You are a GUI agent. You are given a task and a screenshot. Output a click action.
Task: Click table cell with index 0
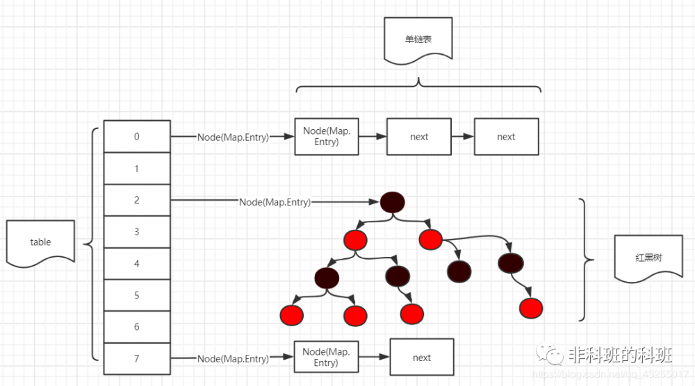click(x=137, y=137)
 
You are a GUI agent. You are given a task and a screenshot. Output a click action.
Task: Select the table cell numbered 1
click(x=137, y=169)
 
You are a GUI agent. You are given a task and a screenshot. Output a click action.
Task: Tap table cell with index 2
click(x=137, y=201)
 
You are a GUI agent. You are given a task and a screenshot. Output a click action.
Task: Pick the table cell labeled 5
click(x=137, y=296)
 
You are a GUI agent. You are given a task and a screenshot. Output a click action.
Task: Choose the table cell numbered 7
click(x=137, y=359)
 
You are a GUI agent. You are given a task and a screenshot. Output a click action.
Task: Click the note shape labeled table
click(x=40, y=242)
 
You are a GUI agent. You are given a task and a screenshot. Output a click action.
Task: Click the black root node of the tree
click(x=393, y=202)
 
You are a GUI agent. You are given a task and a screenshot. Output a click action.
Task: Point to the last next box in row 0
click(x=506, y=137)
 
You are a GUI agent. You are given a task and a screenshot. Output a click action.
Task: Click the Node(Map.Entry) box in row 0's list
click(x=326, y=137)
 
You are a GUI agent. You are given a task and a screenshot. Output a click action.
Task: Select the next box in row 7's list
click(x=422, y=358)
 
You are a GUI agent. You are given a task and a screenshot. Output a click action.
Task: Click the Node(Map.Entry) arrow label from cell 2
click(x=275, y=202)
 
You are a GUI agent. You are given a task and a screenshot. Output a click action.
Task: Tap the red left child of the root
click(x=354, y=240)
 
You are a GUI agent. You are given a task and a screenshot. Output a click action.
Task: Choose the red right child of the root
click(x=430, y=240)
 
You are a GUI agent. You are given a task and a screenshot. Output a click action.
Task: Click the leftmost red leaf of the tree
click(x=293, y=314)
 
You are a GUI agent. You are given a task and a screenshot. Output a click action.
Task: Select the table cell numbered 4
click(x=137, y=264)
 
